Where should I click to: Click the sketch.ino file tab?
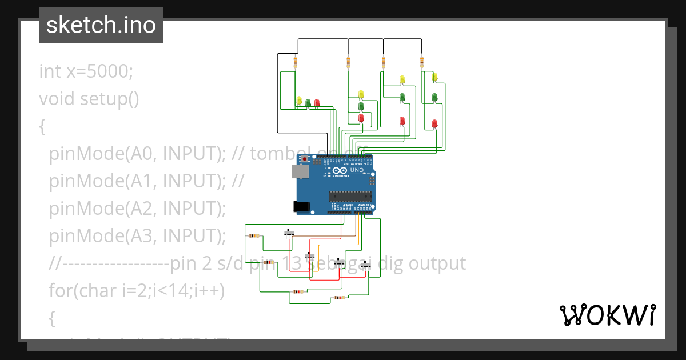tap(101, 25)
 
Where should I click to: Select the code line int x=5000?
tap(86, 71)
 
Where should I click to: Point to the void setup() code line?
tap(89, 99)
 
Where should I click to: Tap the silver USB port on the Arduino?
tap(298, 171)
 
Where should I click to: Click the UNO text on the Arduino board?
tap(357, 170)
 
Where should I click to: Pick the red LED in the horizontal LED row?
tap(317, 103)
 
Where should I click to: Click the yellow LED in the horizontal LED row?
tap(299, 101)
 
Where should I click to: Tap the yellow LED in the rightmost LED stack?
tap(435, 77)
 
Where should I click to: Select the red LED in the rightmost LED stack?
tap(435, 123)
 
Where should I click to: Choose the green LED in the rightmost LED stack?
tap(435, 98)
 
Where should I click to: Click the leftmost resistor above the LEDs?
tap(295, 61)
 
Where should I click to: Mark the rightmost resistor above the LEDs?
tap(422, 61)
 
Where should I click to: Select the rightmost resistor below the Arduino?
tap(340, 298)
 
